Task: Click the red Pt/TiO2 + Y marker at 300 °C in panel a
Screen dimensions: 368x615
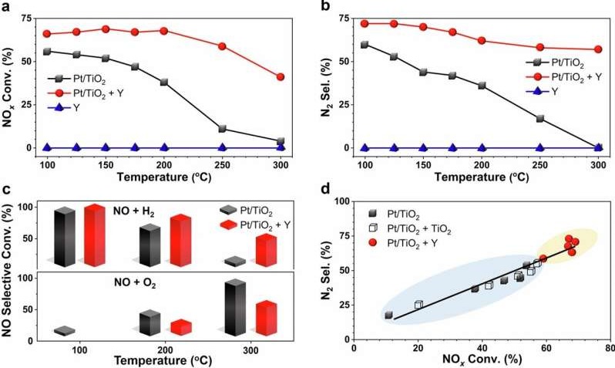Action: point(280,77)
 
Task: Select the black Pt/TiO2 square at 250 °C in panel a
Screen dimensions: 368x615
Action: point(223,129)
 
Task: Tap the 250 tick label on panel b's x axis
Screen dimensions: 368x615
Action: point(539,167)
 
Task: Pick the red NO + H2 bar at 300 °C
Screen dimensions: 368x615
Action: point(266,251)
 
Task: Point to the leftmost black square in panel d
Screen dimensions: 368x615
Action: point(388,315)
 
